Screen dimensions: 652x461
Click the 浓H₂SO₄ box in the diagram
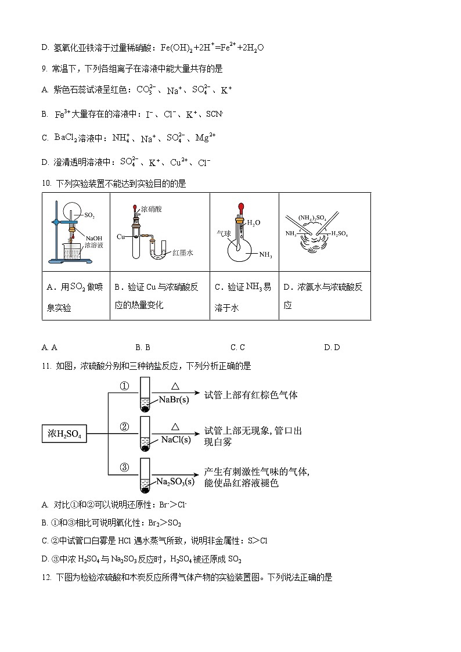[64, 434]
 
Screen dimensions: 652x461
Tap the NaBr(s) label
[173, 399]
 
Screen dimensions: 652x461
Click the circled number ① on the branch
[124, 387]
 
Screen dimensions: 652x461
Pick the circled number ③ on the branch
[124, 468]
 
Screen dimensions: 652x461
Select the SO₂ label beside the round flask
[89, 215]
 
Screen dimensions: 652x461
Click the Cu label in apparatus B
[121, 236]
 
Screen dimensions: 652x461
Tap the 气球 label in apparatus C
[224, 232]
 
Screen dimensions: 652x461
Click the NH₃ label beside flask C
[265, 254]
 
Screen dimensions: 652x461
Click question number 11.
[47, 366]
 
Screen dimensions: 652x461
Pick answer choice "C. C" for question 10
[237, 347]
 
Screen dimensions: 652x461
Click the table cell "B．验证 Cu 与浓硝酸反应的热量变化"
[159, 296]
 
